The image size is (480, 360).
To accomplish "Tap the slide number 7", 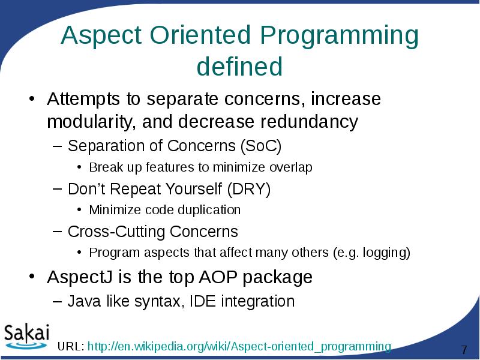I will click(463, 350).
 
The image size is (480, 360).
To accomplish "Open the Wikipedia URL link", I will click(239, 347).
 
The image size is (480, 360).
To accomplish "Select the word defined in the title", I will click(239, 67).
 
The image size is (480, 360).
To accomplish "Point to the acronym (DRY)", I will click(249, 190).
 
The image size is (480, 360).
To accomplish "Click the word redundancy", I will click(309, 122).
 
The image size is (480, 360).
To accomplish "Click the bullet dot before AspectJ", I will click(34, 278).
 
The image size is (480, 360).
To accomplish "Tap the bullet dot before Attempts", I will click(34, 99).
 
